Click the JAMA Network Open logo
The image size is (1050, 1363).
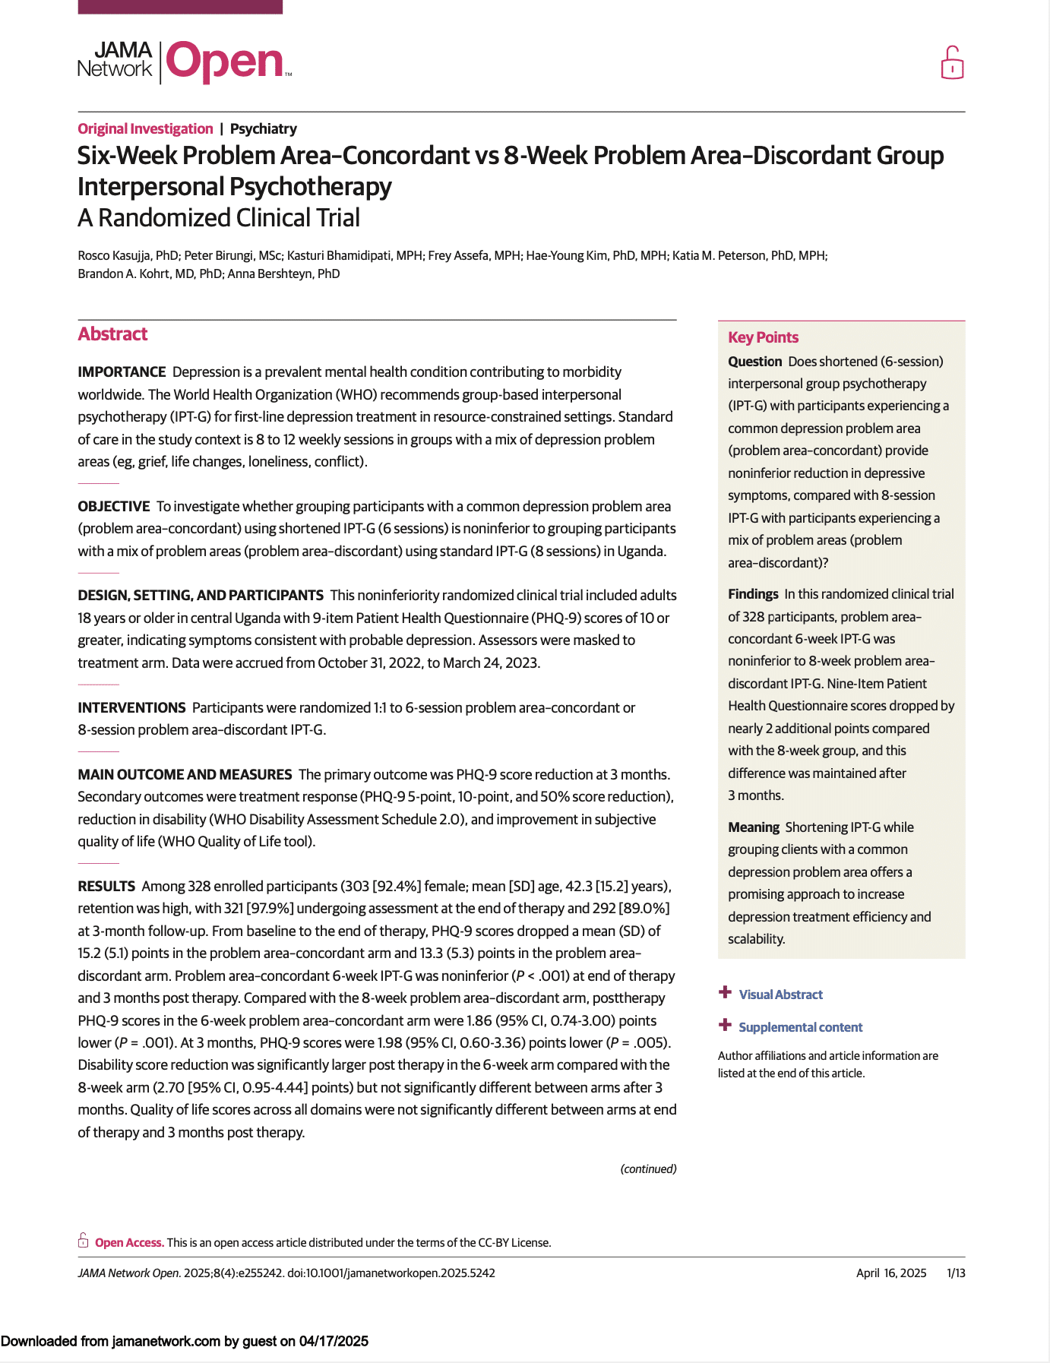pos(185,62)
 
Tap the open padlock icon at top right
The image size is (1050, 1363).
pos(952,63)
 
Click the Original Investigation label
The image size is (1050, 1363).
pos(145,128)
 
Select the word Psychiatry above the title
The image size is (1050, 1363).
pos(263,128)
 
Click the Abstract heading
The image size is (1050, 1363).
pos(112,334)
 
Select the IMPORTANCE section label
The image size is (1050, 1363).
pos(122,372)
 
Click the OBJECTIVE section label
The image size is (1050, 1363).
pos(114,506)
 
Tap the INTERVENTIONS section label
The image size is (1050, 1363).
pos(131,707)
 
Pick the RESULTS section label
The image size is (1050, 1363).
pos(106,886)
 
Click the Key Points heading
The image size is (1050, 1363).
pos(763,337)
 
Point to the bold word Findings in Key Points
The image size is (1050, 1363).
pos(753,594)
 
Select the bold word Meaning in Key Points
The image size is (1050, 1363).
pos(754,827)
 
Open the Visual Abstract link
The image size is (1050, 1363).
pos(780,995)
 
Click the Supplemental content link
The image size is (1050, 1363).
pos(800,1027)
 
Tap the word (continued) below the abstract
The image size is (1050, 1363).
pos(648,1169)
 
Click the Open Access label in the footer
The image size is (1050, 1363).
pos(129,1242)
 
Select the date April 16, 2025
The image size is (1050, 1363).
pos(890,1273)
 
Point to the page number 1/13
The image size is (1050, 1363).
pos(955,1273)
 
